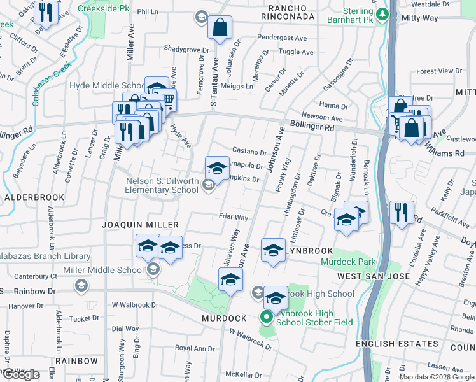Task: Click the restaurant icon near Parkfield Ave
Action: point(402,212)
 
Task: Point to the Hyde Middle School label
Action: point(108,85)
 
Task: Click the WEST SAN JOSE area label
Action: point(372,276)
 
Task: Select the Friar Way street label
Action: point(234,217)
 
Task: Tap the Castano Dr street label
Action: point(249,152)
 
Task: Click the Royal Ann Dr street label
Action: point(195,348)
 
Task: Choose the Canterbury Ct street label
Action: point(36,276)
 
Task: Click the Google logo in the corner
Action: point(21,374)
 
